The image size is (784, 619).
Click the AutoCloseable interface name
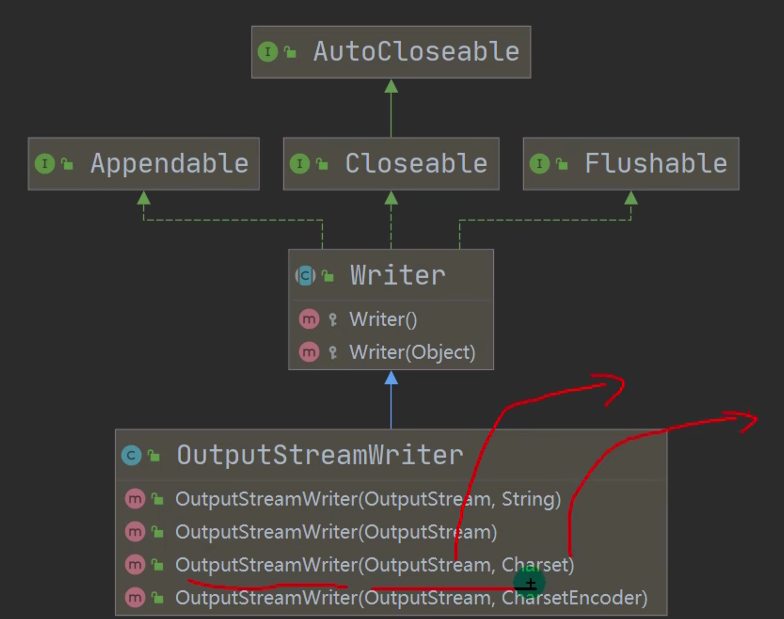[416, 52]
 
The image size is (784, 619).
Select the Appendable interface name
[169, 164]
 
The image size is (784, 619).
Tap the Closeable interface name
[416, 164]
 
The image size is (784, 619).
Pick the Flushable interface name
[656, 164]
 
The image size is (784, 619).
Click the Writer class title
[397, 275]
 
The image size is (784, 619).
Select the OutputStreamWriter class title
[320, 455]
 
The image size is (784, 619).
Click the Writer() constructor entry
[383, 320]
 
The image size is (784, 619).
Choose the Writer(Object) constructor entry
[412, 352]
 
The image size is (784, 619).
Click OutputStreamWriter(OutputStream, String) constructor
[368, 498]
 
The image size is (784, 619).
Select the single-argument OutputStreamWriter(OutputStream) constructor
[336, 532]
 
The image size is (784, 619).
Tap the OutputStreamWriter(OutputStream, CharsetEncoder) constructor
[411, 598]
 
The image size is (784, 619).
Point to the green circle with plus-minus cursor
[529, 583]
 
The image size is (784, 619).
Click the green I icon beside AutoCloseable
[267, 52]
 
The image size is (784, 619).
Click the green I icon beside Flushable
[539, 164]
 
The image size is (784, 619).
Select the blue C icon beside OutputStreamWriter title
[131, 456]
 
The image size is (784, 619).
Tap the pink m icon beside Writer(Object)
[309, 352]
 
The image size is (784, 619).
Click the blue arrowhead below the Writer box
[391, 378]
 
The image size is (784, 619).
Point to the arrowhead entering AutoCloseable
[391, 86]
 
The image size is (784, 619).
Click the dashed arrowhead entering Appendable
[143, 198]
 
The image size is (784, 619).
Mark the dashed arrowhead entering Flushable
[631, 198]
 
